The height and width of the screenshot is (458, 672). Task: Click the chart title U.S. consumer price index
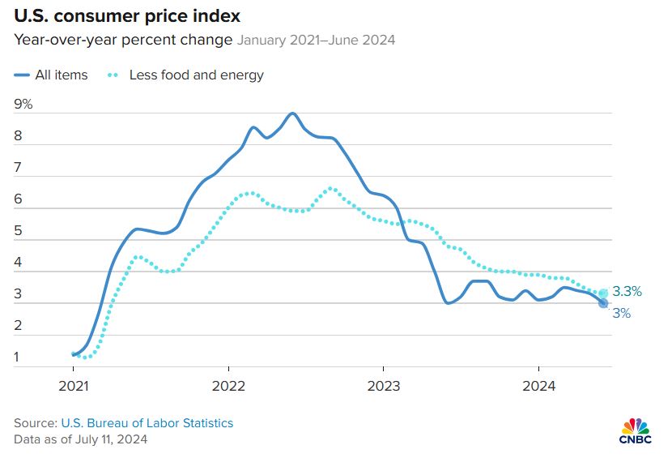[x=126, y=16]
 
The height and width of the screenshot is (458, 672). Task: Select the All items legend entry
[x=52, y=75]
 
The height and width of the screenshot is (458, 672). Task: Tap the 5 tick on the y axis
[x=18, y=231]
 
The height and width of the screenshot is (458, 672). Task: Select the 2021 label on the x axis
[x=74, y=387]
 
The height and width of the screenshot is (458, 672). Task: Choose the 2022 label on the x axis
[x=228, y=387]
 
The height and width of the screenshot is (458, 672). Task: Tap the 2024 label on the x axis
[x=538, y=387]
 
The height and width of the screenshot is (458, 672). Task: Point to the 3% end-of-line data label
[x=621, y=313]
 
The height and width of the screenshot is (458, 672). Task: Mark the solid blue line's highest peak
[x=292, y=113]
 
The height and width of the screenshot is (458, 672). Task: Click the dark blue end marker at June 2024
[x=603, y=303]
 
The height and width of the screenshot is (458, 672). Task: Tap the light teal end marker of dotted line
[x=603, y=293]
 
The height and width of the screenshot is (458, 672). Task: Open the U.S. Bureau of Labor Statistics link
[x=147, y=423]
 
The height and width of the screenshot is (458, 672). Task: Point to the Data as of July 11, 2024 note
[x=81, y=439]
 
